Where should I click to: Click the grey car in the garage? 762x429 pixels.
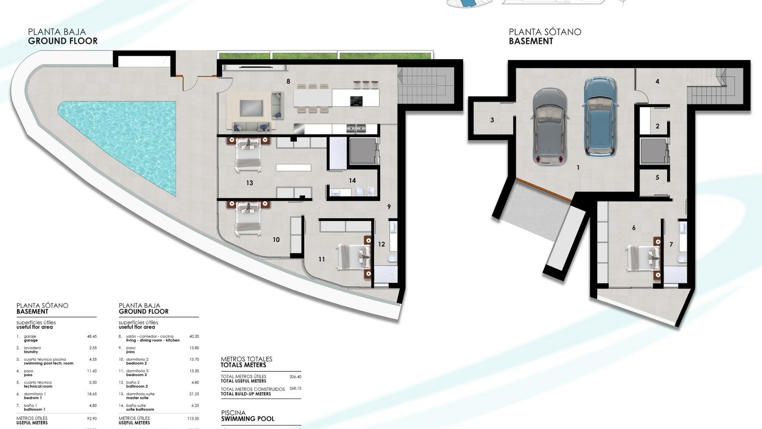tap(550, 126)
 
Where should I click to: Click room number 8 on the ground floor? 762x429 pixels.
tap(288, 81)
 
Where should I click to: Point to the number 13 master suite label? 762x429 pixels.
tap(249, 183)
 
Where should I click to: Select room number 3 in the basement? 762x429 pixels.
tap(492, 120)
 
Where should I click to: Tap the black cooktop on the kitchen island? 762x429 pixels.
tap(356, 101)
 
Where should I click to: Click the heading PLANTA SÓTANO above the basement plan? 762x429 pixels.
tap(545, 32)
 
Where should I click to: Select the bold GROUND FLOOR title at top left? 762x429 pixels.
tap(63, 41)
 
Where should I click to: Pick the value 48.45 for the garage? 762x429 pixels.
tap(92, 336)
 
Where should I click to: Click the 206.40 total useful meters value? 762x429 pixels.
tap(295, 377)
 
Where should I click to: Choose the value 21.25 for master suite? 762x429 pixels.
tap(194, 394)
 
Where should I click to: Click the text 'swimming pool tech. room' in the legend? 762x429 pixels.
tap(48, 363)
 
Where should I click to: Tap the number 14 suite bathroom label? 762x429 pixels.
tap(352, 181)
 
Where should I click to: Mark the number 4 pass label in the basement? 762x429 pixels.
tap(657, 81)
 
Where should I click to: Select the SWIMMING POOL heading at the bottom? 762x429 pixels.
tap(248, 419)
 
